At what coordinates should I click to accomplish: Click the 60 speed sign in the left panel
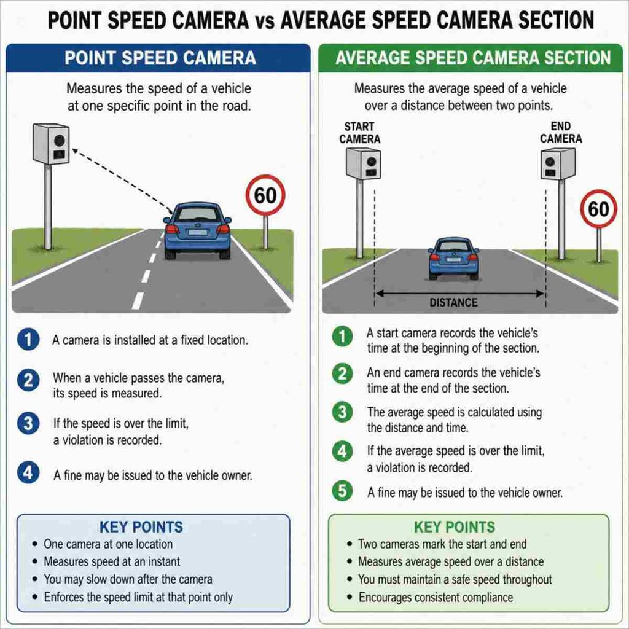click(265, 195)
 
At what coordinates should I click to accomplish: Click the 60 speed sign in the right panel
click(598, 209)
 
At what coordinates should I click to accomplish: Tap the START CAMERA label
click(359, 133)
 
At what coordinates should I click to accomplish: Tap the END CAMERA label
click(561, 133)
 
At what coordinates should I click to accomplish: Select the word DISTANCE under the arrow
click(453, 302)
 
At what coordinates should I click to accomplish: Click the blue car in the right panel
click(453, 259)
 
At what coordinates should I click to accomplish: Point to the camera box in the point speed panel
click(51, 144)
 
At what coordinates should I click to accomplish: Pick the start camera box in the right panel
click(363, 163)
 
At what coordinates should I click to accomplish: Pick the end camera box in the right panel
click(558, 163)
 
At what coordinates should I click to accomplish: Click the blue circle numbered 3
click(28, 423)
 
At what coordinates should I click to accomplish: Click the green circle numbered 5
click(342, 491)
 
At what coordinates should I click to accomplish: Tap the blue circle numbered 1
click(28, 339)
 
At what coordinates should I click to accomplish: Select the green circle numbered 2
click(342, 373)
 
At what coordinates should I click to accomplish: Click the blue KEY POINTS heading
click(141, 526)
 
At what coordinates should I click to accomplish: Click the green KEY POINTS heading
click(455, 526)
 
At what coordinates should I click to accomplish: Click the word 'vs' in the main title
click(264, 21)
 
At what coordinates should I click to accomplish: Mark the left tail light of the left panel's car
click(172, 229)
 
